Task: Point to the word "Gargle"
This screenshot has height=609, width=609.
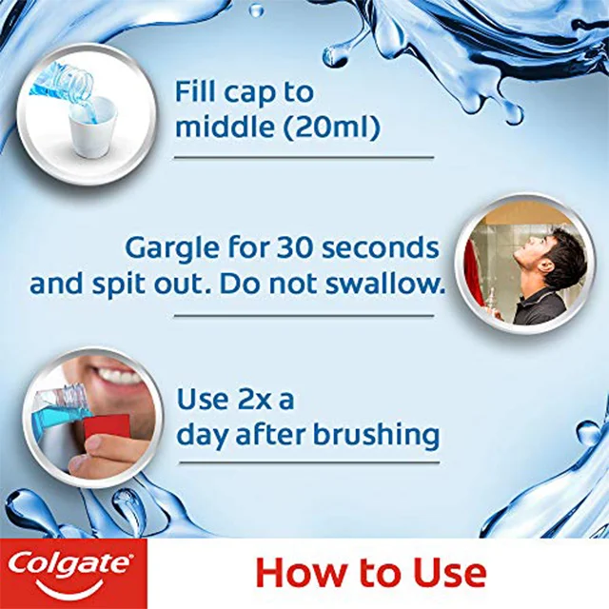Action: (x=175, y=249)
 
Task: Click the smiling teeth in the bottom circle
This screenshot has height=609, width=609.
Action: (x=122, y=375)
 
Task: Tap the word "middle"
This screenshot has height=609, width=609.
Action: (x=225, y=127)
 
